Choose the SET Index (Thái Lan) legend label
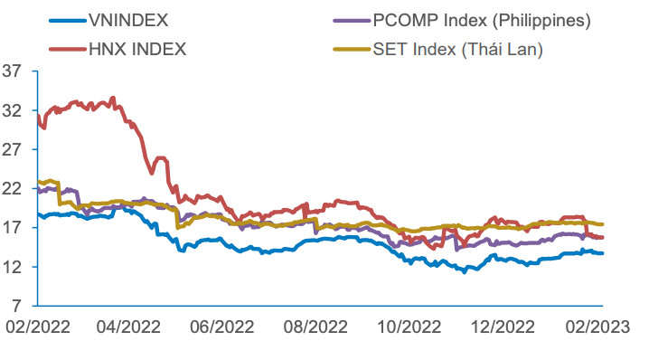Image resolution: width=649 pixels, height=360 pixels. point(457,49)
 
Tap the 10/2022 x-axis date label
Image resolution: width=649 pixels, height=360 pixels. point(409,326)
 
